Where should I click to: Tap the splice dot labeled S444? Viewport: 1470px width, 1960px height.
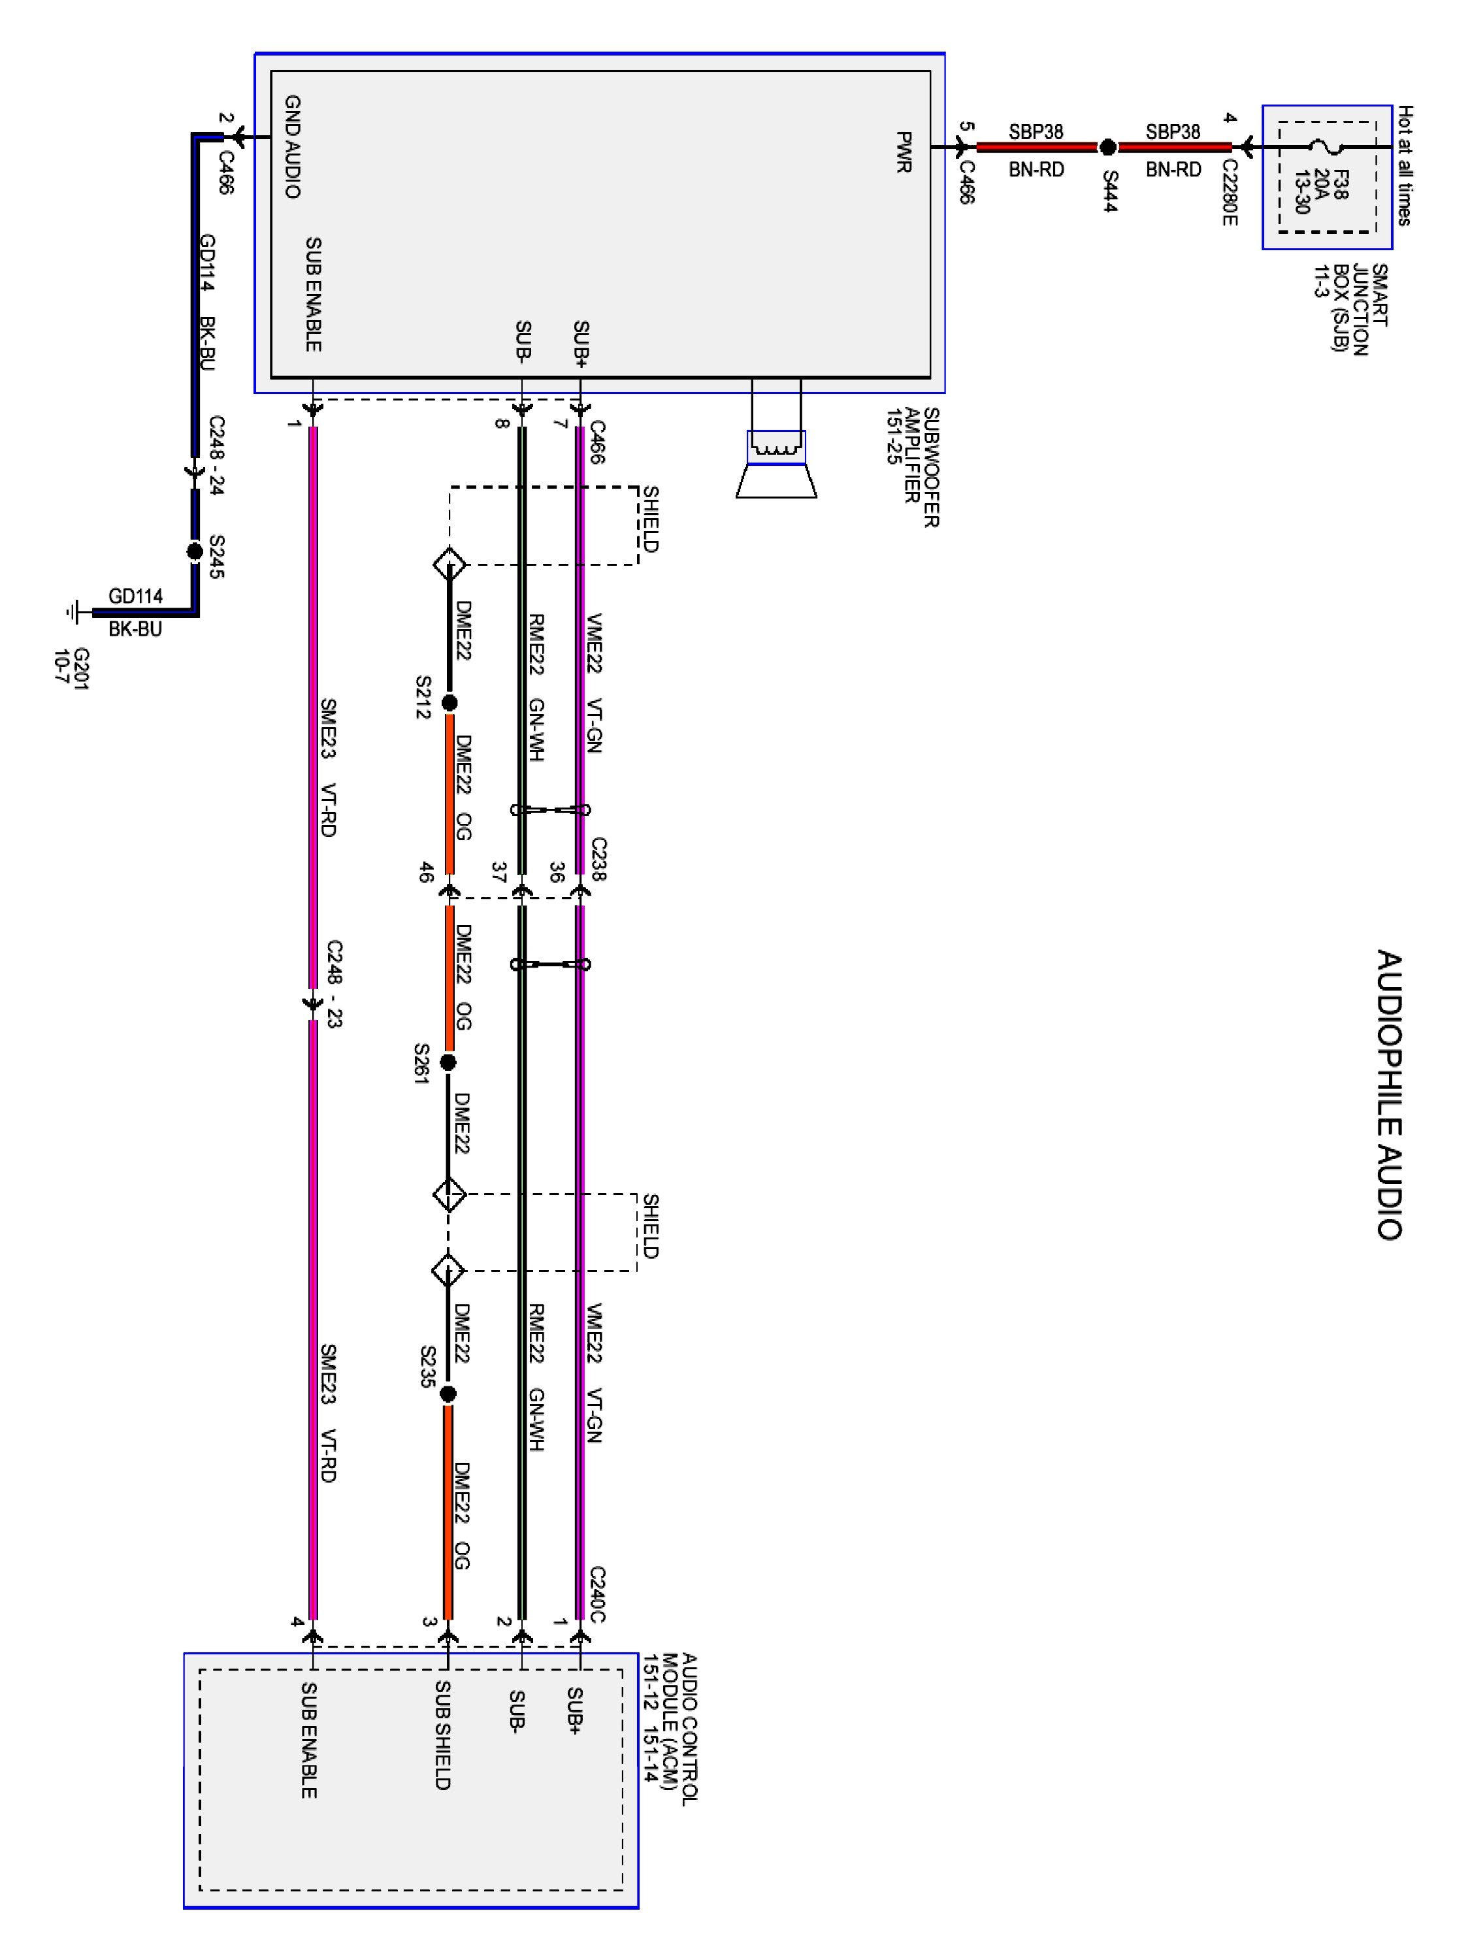[x=1107, y=148]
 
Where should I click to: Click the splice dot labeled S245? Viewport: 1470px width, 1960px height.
[x=195, y=551]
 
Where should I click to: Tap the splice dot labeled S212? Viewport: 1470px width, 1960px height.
[x=449, y=702]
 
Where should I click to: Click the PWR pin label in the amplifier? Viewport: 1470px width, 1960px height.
[x=903, y=152]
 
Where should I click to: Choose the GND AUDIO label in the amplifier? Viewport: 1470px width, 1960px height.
[x=293, y=147]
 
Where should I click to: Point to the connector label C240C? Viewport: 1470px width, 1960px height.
[x=597, y=1594]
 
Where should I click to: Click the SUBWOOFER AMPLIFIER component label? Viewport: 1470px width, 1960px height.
[x=921, y=467]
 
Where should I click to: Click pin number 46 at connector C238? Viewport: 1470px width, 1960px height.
[x=426, y=872]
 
